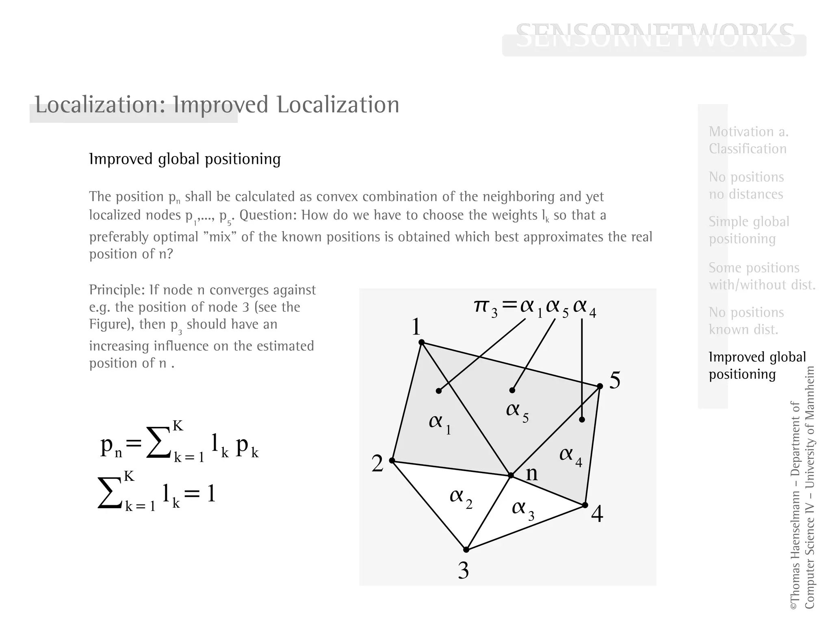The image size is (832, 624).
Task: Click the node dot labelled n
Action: coord(511,475)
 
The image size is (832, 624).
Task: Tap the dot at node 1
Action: coord(422,342)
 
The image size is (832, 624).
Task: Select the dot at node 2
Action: coord(392,460)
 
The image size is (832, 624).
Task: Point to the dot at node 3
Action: coord(466,550)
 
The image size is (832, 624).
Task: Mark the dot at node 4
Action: coord(585,505)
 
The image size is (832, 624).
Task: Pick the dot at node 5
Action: coord(600,386)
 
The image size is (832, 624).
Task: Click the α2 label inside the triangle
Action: coord(461,498)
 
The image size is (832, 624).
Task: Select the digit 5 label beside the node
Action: coord(615,380)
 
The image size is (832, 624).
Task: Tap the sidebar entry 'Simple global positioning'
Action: coord(749,230)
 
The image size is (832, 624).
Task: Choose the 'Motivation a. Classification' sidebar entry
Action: coord(748,140)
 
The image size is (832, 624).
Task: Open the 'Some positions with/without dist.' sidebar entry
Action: coord(762,276)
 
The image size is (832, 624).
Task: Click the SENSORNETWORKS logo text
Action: coord(654,37)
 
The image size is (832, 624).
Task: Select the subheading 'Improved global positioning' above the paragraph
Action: coord(185,159)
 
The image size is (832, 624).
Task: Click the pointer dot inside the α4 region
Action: coord(582,420)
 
